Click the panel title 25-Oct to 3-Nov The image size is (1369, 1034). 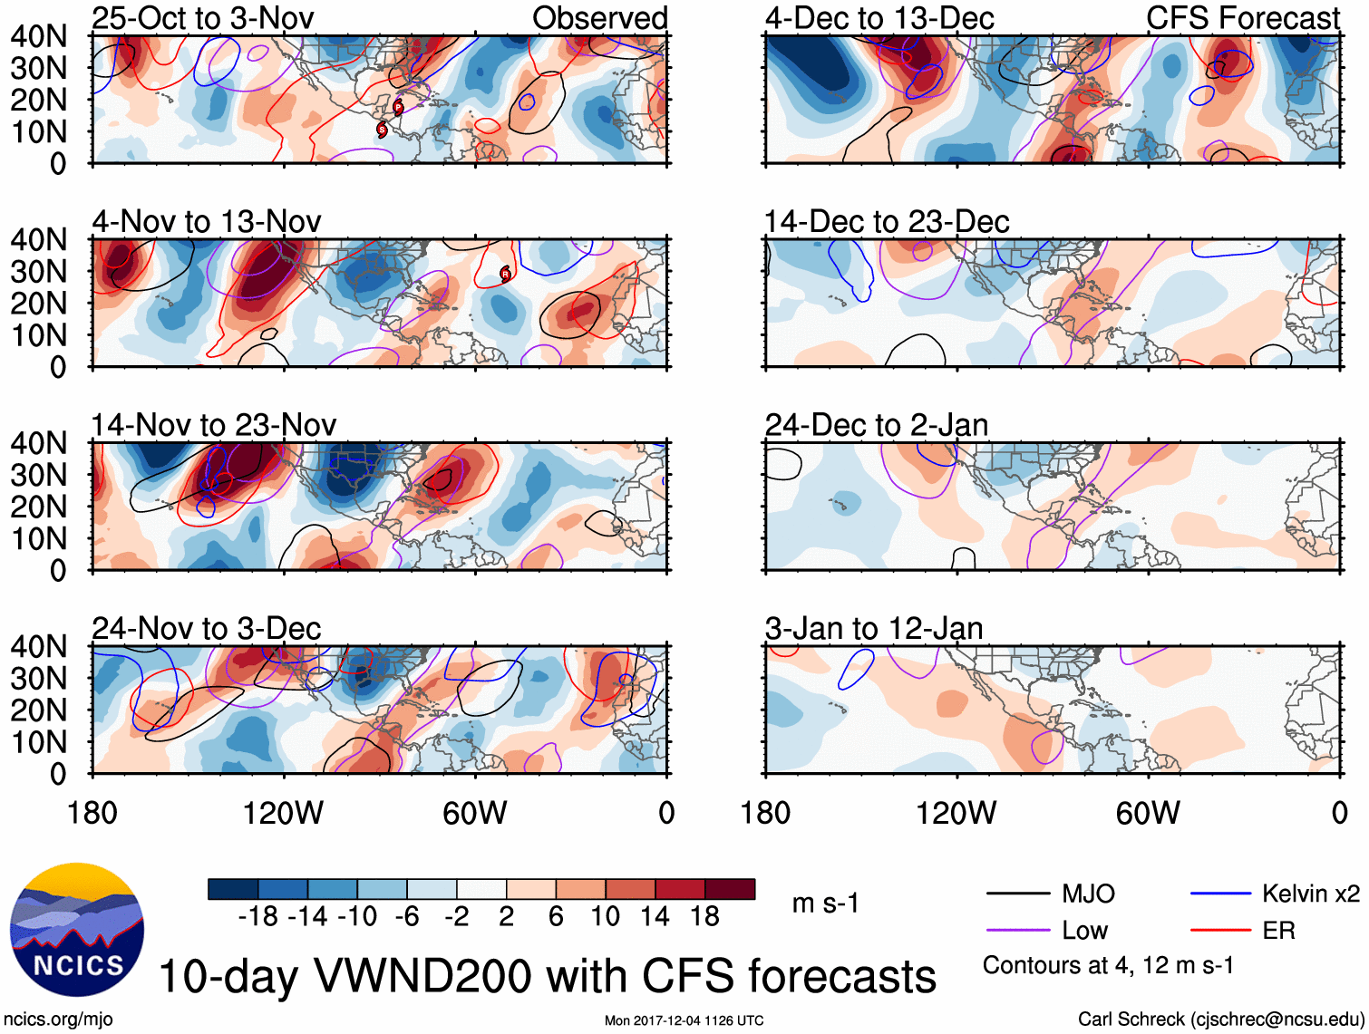coord(203,18)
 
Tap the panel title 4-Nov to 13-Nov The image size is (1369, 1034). coord(207,221)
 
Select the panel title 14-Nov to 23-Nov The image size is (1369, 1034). coord(214,424)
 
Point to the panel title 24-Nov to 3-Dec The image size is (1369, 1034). coord(207,628)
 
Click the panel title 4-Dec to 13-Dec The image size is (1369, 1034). coord(879,18)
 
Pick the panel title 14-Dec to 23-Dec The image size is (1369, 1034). coord(887,221)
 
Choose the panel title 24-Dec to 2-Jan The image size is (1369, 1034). coord(877,424)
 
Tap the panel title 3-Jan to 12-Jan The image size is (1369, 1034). coord(874,628)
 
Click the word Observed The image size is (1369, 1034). coord(600,18)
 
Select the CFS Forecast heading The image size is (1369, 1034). coord(1243,18)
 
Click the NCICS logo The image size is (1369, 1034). coord(77,930)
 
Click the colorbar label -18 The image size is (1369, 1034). coord(257,917)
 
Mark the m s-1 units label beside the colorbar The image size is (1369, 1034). coord(825,904)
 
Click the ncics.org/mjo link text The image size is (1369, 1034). coord(58,1019)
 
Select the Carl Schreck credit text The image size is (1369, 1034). coord(1220,1019)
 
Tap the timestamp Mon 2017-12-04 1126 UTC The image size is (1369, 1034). coord(684,1020)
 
